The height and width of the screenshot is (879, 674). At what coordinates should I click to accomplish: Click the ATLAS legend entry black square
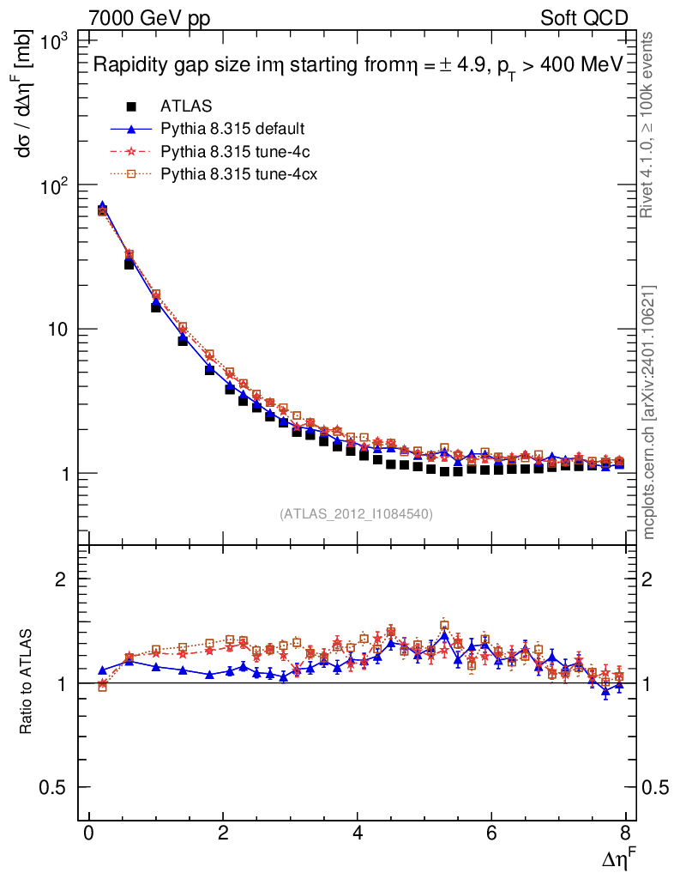[x=131, y=106]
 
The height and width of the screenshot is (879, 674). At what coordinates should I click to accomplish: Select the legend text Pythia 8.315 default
[x=233, y=129]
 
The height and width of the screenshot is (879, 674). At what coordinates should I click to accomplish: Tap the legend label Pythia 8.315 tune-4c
[x=232, y=151]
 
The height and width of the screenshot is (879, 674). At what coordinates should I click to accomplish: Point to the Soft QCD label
[x=584, y=18]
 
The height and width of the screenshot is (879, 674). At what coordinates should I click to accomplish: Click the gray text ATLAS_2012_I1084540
[x=356, y=514]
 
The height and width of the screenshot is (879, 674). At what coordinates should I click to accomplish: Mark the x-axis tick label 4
[x=358, y=834]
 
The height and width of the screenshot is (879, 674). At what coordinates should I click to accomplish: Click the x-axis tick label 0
[x=88, y=834]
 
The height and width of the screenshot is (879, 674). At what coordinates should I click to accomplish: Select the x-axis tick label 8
[x=626, y=834]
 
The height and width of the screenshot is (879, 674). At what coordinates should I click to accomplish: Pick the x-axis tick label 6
[x=491, y=834]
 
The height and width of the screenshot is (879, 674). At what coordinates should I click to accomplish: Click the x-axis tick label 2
[x=223, y=834]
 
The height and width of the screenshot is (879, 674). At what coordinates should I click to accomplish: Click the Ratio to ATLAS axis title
[x=27, y=682]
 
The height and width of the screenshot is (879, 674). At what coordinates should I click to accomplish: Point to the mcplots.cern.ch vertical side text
[x=649, y=412]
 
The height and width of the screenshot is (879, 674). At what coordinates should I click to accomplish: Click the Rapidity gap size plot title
[x=356, y=66]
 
